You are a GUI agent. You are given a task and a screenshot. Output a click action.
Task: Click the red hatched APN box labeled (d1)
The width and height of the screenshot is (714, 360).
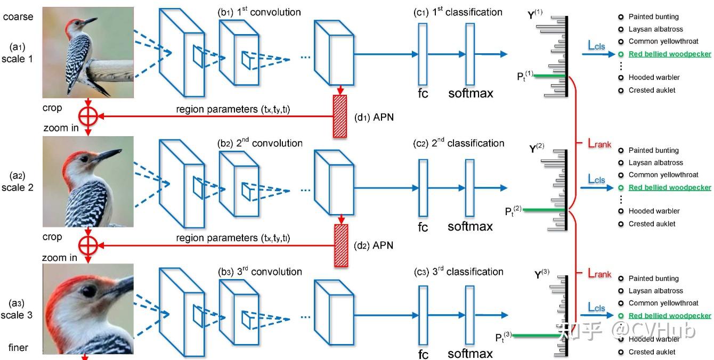pyautogui.click(x=339, y=117)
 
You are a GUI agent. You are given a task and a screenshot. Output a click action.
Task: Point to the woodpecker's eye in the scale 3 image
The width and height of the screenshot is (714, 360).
pyautogui.click(x=88, y=291)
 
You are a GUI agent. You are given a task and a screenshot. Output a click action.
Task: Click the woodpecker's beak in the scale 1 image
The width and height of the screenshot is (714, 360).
pyautogui.click(x=91, y=21)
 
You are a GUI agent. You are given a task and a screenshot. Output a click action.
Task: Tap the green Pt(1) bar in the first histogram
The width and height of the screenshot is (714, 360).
pyautogui.click(x=550, y=76)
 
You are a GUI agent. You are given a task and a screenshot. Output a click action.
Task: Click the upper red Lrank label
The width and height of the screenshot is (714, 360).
pyautogui.click(x=599, y=144)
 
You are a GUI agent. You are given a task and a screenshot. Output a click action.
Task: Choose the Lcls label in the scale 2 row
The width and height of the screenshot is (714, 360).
pyautogui.click(x=597, y=179)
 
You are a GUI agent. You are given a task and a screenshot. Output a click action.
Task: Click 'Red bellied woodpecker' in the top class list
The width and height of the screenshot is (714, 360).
pyautogui.click(x=670, y=54)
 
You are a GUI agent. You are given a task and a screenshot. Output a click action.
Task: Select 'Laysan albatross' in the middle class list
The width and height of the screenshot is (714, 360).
pyautogui.click(x=655, y=162)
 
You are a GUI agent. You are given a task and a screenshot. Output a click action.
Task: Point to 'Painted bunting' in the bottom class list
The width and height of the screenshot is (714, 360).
pyautogui.click(x=653, y=279)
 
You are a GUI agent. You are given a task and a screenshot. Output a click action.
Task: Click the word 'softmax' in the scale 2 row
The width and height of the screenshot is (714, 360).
pyautogui.click(x=470, y=226)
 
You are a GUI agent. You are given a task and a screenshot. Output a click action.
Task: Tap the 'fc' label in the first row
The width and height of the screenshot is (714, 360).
pyautogui.click(x=423, y=94)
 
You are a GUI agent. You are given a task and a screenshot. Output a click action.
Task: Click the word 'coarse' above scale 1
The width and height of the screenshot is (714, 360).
pyautogui.click(x=18, y=17)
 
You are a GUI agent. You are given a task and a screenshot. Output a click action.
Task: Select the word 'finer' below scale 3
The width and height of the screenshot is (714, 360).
pyautogui.click(x=18, y=348)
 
